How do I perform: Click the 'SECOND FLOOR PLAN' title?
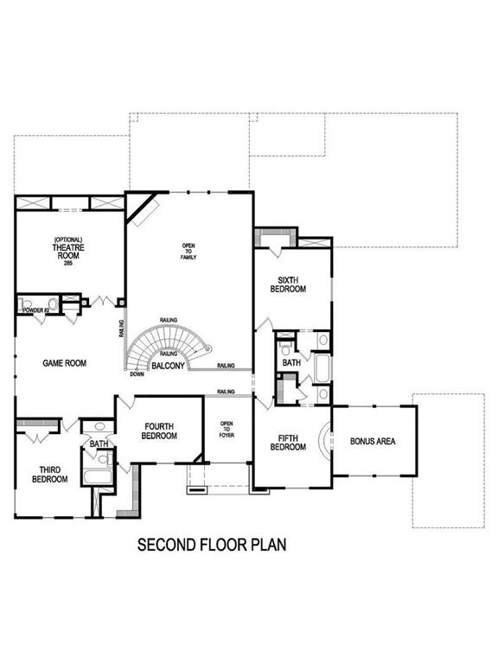point(212,546)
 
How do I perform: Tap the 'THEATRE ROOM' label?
point(67,251)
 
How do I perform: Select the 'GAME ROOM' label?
point(65,363)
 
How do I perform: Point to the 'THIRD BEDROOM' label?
point(50,475)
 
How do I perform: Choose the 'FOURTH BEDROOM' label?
point(161,431)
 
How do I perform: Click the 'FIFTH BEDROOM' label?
point(288,442)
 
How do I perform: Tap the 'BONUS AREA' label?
point(373,441)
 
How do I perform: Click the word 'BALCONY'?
point(168,367)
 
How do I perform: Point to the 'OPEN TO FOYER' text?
point(227,430)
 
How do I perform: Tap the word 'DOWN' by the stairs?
point(137,373)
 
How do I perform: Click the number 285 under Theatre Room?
point(67,263)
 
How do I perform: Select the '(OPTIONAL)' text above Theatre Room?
point(67,239)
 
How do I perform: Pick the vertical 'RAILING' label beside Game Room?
point(120,329)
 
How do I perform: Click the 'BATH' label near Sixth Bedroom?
point(291,363)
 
